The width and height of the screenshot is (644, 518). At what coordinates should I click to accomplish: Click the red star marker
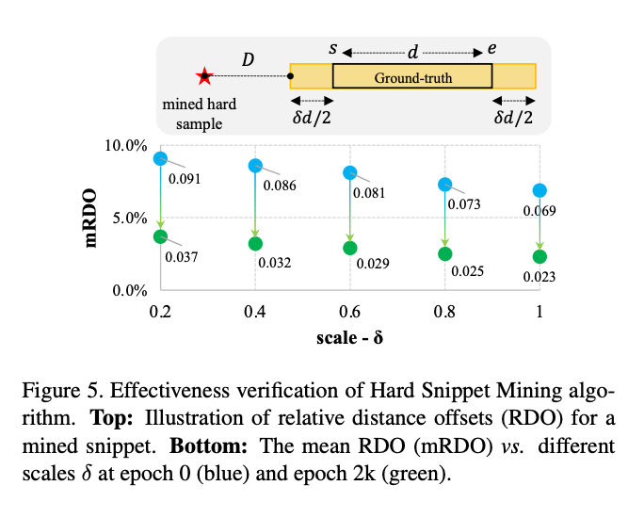click(x=203, y=76)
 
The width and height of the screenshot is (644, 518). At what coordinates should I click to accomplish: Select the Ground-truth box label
click(x=412, y=77)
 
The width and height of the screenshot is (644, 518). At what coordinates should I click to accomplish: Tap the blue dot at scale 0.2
click(x=160, y=159)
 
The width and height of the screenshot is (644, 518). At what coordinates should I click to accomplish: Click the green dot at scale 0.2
click(x=160, y=236)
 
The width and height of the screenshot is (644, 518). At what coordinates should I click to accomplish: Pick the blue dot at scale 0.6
click(x=350, y=173)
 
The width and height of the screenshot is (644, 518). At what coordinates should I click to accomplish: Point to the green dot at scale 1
click(x=539, y=256)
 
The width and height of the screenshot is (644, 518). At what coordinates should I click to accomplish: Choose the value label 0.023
click(x=539, y=277)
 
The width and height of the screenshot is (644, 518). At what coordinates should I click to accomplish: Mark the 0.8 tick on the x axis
click(x=444, y=311)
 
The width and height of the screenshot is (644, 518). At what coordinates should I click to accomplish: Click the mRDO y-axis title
click(x=95, y=219)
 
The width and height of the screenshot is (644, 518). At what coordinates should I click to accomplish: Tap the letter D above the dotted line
click(x=248, y=60)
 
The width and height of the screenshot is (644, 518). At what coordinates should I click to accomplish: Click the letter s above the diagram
click(x=332, y=47)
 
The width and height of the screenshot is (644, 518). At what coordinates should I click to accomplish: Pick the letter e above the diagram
click(x=491, y=47)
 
